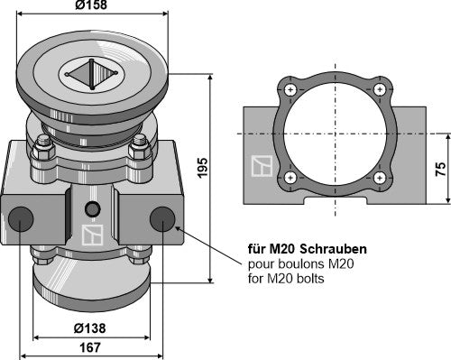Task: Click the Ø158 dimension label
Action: [91, 5]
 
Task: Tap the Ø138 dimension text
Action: [89, 328]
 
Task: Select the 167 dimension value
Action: [90, 347]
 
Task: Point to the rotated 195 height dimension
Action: [203, 168]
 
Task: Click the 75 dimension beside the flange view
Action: [440, 169]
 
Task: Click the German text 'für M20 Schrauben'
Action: [308, 249]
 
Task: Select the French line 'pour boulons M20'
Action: [300, 264]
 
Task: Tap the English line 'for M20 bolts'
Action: [286, 279]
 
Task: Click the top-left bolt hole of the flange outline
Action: [290, 89]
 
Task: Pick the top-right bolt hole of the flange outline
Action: [380, 89]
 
